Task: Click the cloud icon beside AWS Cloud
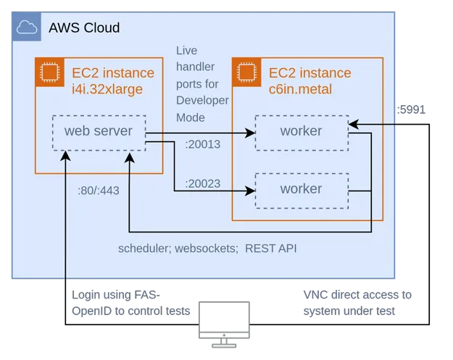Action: [x=27, y=28]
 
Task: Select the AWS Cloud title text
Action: [x=84, y=28]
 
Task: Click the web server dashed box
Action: [x=99, y=132]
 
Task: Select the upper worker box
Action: [x=301, y=132]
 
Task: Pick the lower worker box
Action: [x=301, y=189]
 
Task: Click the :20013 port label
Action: [x=202, y=144]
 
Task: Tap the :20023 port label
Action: [x=202, y=184]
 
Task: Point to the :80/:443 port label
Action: [x=98, y=191]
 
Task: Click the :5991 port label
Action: [x=412, y=110]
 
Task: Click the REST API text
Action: [x=271, y=248]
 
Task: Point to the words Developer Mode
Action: [x=202, y=108]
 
